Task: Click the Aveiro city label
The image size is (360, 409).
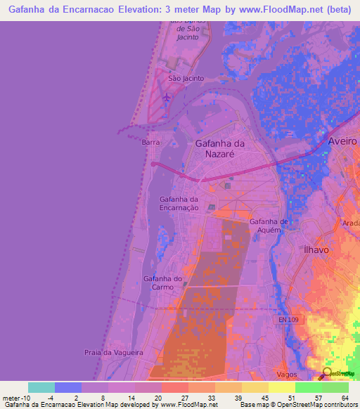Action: point(342,141)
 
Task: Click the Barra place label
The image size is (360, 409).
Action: point(150,142)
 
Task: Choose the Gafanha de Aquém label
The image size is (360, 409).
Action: point(269,226)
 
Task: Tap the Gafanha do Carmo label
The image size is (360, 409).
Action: point(163,283)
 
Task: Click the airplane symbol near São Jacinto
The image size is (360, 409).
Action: point(166,97)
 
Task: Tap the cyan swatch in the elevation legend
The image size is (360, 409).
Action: point(41,387)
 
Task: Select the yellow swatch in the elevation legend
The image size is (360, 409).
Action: point(281,387)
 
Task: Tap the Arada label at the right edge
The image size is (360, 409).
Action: point(352,223)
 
